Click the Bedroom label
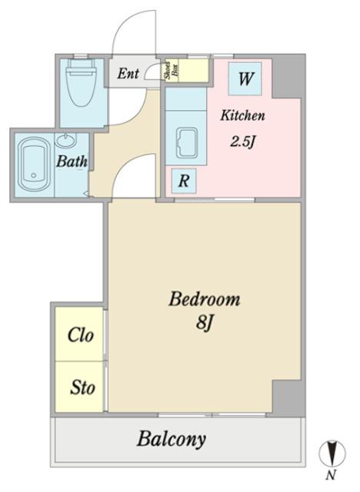tap(205, 299)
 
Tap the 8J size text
tap(205, 322)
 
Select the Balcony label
tap(172, 439)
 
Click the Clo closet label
tap(80, 335)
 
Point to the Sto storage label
tap(82, 387)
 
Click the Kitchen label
tap(242, 115)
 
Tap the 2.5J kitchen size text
tap(242, 142)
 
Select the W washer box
tap(245, 78)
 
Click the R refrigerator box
tap(184, 181)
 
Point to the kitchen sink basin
tap(186, 143)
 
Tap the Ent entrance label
tap(128, 74)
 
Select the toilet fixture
tap(82, 82)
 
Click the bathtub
tap(34, 165)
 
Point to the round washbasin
tap(65, 140)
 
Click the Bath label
tap(72, 161)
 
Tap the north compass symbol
tap(332, 454)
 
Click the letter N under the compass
tap(330, 476)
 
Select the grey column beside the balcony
tap(287, 398)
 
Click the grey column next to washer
tap(286, 78)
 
